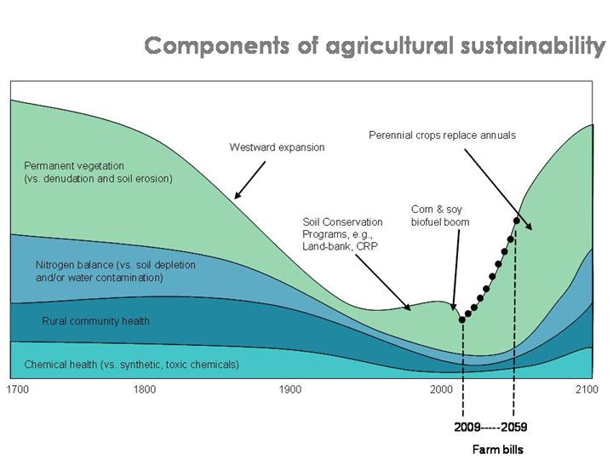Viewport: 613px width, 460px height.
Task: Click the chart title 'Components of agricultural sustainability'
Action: pos(375,46)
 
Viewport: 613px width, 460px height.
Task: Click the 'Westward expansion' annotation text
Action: pos(277,147)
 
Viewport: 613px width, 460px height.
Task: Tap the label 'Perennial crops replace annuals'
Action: pos(442,135)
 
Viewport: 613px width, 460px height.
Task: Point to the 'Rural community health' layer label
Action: pos(95,321)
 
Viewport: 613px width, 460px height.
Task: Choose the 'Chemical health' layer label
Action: pos(131,365)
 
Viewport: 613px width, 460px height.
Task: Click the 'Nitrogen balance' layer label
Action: pos(115,271)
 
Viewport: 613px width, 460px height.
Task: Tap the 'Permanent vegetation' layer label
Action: pos(98,172)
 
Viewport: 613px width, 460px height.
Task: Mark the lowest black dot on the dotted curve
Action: pos(462,319)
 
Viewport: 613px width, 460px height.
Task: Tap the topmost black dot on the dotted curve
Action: pos(516,221)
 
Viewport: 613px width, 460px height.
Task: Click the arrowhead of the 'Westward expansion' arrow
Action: pos(235,198)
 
